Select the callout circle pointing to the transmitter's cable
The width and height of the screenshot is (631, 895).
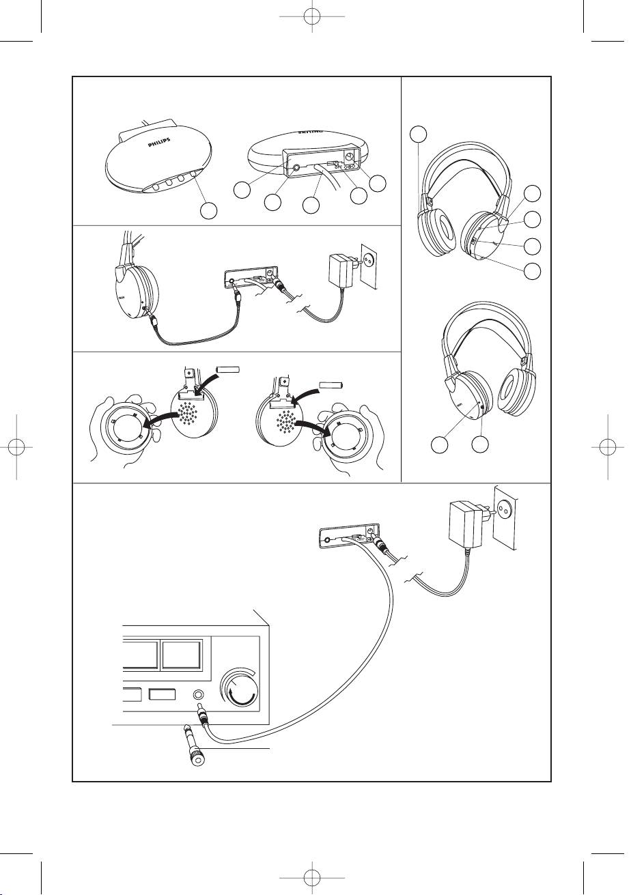pyautogui.click(x=311, y=203)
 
